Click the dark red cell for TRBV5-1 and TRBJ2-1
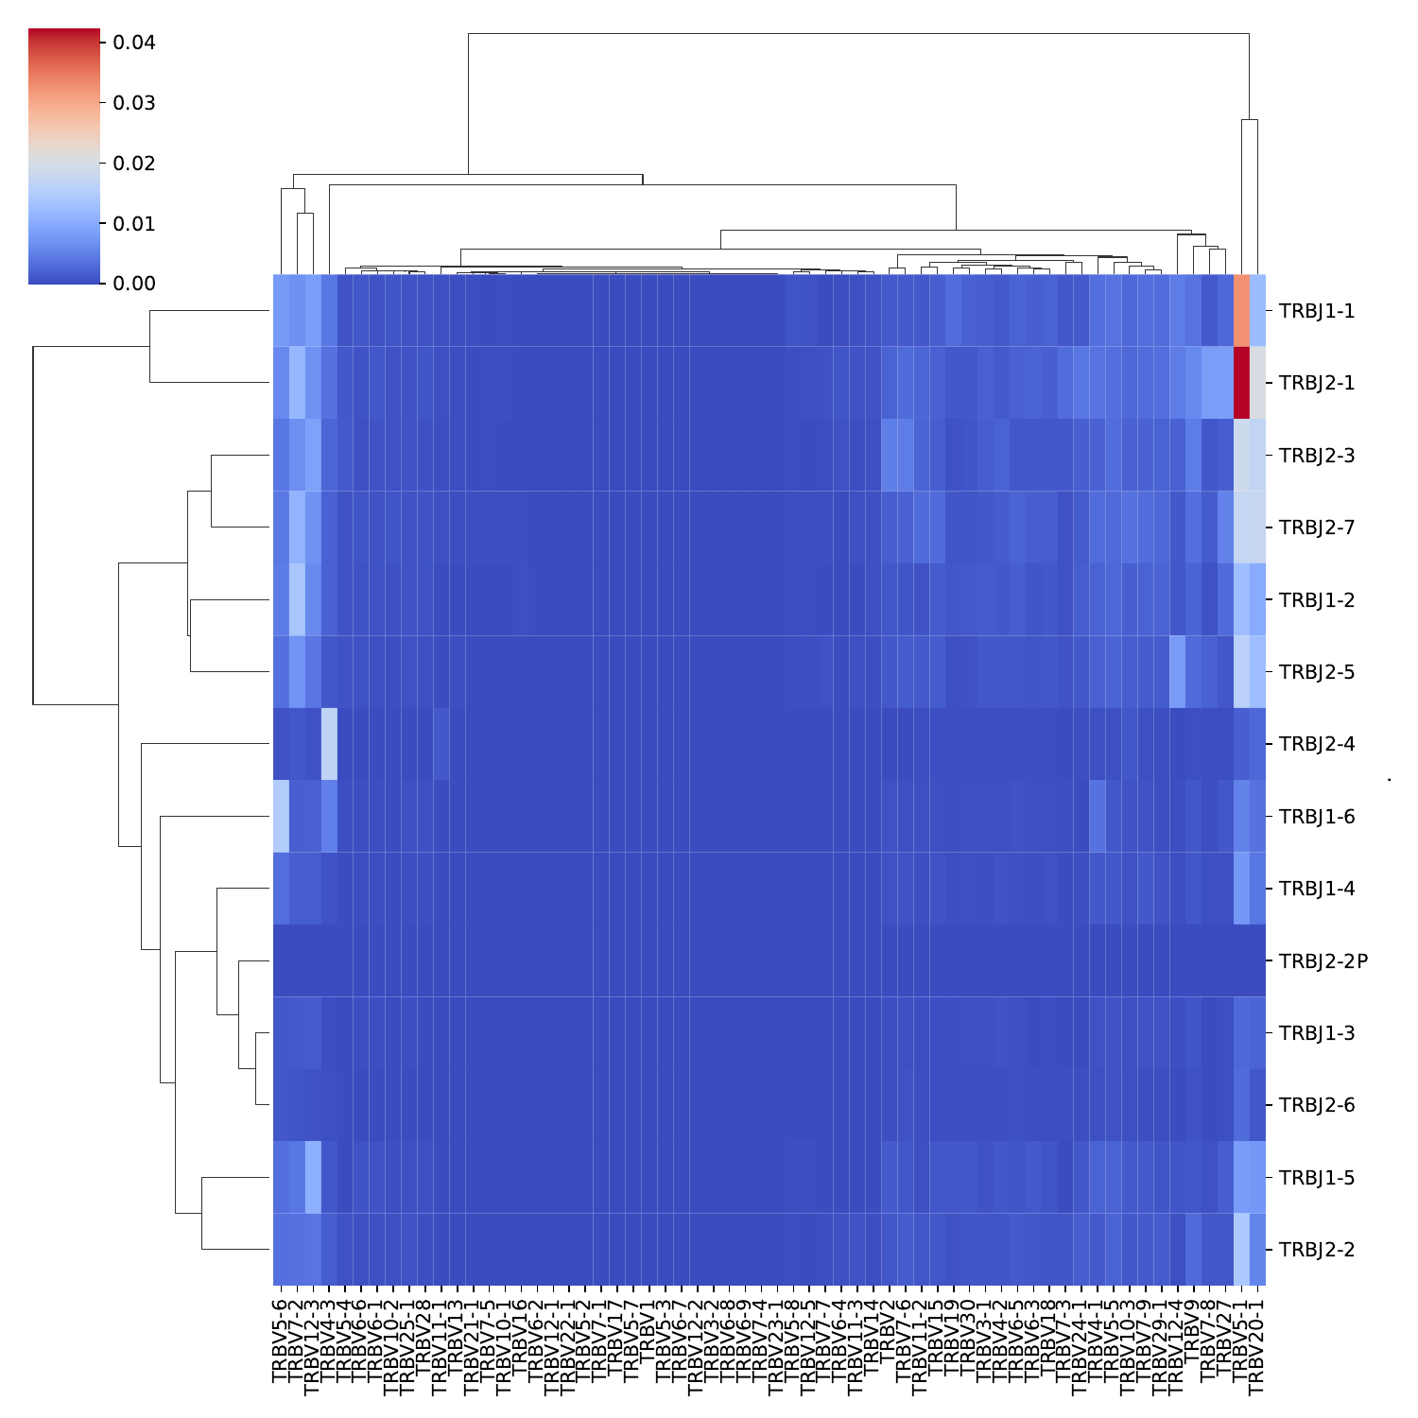[x=1241, y=383]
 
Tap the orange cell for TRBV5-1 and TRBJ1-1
[x=1241, y=311]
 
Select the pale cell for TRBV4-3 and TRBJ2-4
[x=329, y=744]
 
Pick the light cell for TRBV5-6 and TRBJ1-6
[x=281, y=816]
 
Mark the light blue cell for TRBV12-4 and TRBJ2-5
[x=1177, y=672]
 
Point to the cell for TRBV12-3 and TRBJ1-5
[x=313, y=1177]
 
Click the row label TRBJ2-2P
[x=1323, y=961]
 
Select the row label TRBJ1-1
[x=1316, y=311]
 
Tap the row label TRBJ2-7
[x=1316, y=527]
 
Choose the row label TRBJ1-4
[x=1316, y=889]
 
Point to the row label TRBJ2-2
[x=1316, y=1250]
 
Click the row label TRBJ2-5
[x=1316, y=672]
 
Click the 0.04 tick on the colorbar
[x=133, y=43]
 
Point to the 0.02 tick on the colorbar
[x=133, y=163]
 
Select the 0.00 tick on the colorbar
[x=133, y=283]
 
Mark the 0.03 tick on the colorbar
[x=133, y=102]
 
